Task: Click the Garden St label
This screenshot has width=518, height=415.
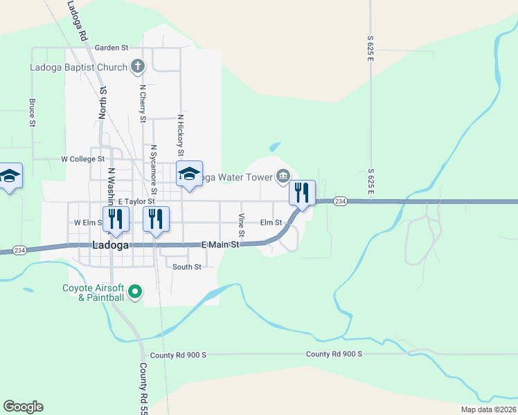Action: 111,48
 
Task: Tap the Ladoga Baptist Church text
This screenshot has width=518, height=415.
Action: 78,67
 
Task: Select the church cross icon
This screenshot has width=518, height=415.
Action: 138,67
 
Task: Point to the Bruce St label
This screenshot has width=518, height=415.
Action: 32,112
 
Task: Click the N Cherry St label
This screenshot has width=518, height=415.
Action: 143,104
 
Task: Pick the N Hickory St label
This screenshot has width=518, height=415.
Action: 180,134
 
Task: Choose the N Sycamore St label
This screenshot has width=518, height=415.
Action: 154,169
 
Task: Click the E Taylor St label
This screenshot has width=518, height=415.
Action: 136,201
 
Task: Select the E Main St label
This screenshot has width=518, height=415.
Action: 220,245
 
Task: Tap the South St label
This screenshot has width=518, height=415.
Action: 187,267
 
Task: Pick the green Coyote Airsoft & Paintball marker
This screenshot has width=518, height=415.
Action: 136,293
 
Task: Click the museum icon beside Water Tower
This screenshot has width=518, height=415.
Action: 283,177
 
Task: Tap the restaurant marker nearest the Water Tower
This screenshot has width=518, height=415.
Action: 302,192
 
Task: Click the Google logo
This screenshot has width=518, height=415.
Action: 23,407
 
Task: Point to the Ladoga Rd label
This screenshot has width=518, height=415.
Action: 77,21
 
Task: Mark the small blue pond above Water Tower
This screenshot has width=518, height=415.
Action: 275,147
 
